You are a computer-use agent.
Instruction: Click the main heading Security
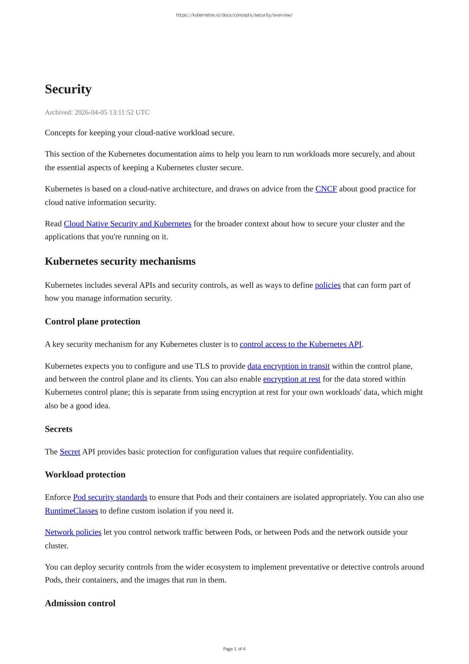(68, 89)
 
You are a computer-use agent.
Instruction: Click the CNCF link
(326, 189)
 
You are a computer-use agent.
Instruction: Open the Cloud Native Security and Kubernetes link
(127, 223)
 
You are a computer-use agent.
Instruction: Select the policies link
(327, 285)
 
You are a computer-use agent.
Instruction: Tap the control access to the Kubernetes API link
(300, 344)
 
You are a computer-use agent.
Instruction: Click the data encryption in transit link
(288, 366)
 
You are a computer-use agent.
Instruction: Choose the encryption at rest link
(292, 379)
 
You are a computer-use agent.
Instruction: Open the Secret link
(70, 451)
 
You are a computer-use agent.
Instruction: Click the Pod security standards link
(110, 497)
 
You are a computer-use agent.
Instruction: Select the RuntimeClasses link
(71, 510)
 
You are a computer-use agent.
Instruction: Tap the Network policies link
(73, 532)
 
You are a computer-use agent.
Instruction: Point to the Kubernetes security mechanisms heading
(120, 261)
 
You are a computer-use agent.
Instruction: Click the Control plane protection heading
(93, 321)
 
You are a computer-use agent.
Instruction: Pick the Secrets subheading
(59, 429)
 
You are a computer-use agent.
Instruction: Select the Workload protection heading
(85, 475)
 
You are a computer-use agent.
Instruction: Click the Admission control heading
(80, 603)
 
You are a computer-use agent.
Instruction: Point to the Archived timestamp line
(97, 112)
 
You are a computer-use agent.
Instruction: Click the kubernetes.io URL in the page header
(234, 15)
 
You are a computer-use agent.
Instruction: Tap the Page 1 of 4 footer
(234, 649)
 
